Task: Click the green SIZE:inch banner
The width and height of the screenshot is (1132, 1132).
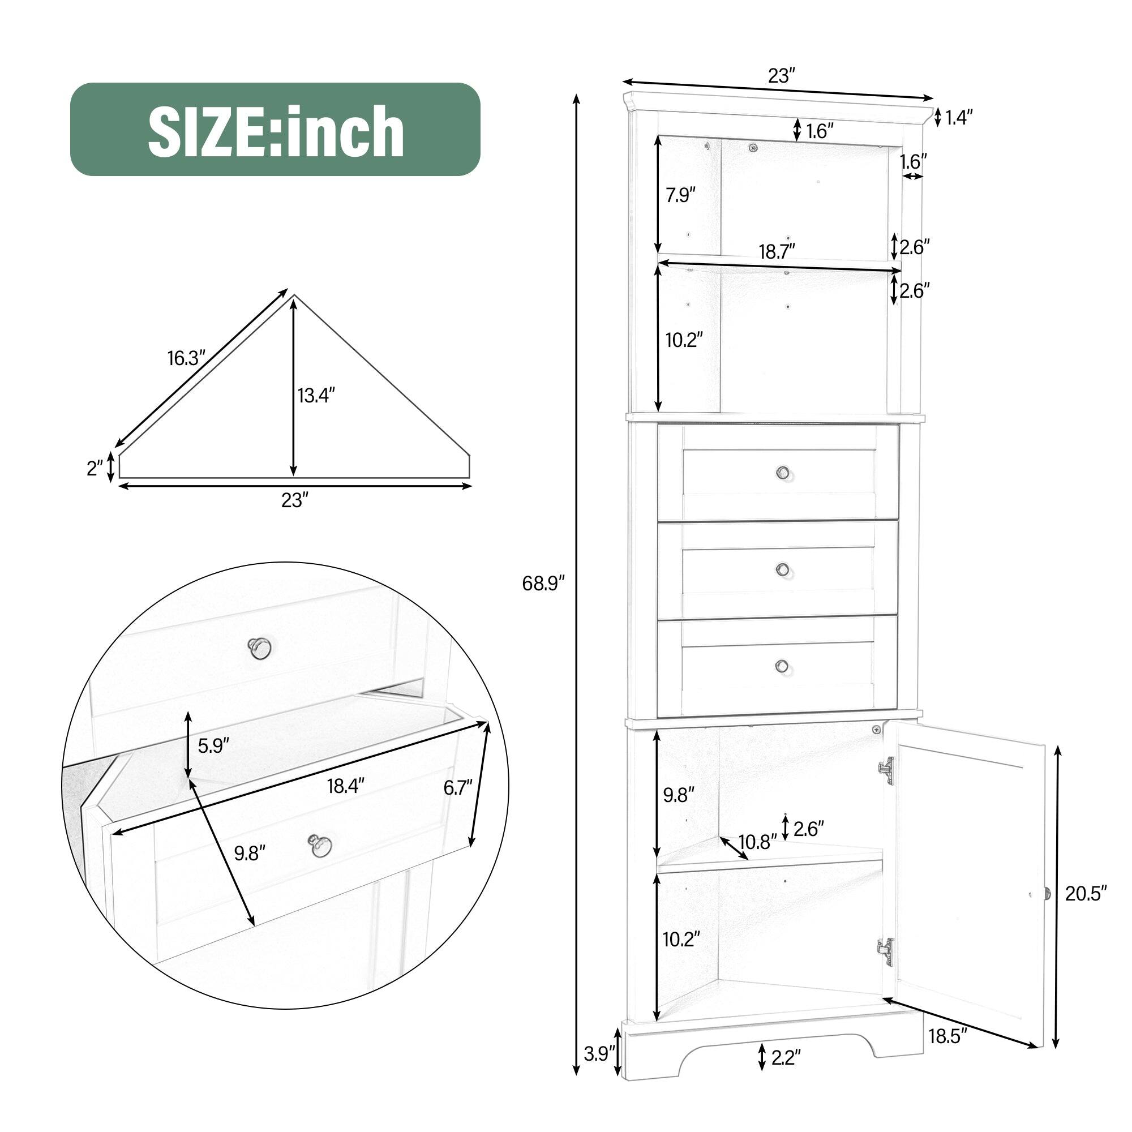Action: click(x=276, y=129)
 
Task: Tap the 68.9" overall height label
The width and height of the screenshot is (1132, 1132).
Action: click(x=543, y=583)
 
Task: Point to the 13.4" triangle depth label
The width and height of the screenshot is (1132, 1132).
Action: click(x=316, y=396)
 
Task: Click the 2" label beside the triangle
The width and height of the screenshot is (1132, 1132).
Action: click(x=95, y=468)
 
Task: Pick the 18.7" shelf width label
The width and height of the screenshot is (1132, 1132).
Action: click(x=777, y=251)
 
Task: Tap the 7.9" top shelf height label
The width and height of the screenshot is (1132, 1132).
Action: click(x=680, y=195)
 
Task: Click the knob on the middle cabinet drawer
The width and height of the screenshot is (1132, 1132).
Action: click(x=782, y=569)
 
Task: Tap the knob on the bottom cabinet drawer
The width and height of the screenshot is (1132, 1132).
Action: click(x=782, y=666)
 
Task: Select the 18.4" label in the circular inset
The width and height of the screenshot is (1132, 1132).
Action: click(x=346, y=786)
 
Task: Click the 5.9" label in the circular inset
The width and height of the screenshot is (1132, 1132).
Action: click(x=213, y=746)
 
